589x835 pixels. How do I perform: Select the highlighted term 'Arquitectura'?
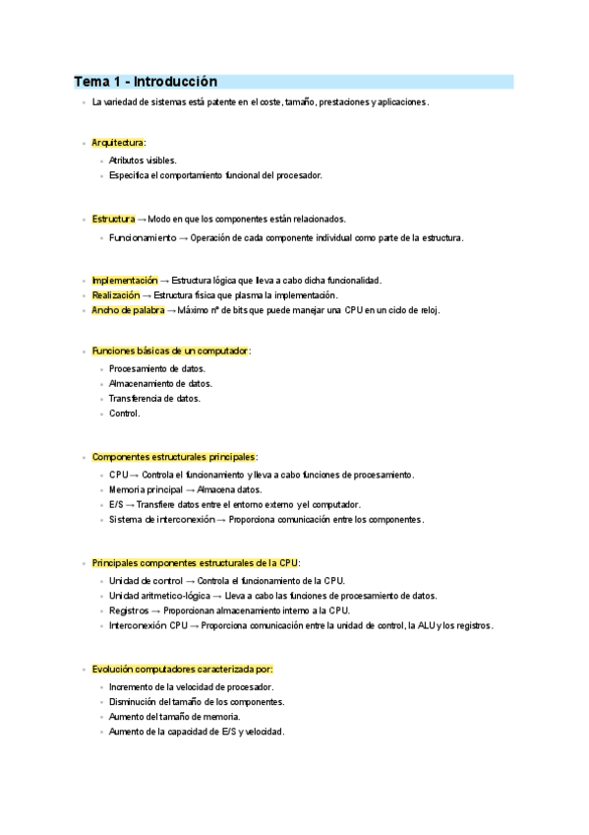118,144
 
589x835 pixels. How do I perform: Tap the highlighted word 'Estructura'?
113,219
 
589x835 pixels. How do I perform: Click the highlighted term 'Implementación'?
124,280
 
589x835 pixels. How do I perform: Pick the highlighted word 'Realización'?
116,295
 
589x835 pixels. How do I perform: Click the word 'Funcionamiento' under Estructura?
143,237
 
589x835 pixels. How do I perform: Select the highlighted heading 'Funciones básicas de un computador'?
170,351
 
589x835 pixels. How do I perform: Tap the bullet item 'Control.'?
125,414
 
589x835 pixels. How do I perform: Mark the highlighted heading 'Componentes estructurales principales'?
173,457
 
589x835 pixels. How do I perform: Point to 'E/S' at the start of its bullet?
116,504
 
